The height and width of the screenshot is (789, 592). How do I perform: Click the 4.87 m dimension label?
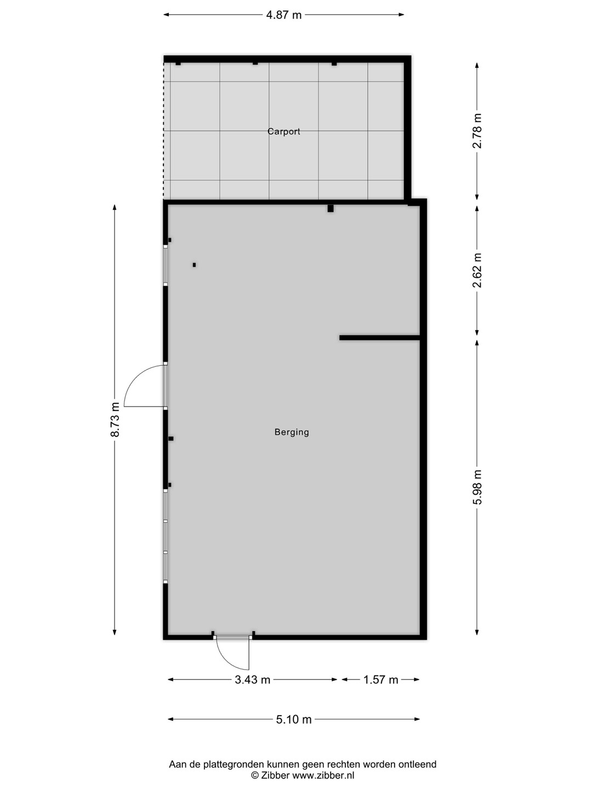283,15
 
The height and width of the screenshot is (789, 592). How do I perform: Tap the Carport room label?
283,131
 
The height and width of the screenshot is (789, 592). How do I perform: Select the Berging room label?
292,432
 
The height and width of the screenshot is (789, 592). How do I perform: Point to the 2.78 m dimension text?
477,131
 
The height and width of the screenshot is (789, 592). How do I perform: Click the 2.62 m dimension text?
477,271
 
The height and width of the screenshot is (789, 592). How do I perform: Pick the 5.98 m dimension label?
477,487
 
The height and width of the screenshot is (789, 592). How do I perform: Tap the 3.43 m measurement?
252,680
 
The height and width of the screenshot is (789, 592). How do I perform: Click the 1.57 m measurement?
380,680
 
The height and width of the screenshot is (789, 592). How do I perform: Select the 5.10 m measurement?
294,719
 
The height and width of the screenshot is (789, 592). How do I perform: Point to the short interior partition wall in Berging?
380,338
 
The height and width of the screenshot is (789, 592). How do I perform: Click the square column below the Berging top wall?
331,209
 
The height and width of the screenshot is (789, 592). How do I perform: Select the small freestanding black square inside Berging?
194,265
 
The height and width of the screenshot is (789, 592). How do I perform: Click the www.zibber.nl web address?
323,775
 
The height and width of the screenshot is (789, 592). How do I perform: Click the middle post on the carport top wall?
255,63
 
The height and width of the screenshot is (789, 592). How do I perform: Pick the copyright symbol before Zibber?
254,775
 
